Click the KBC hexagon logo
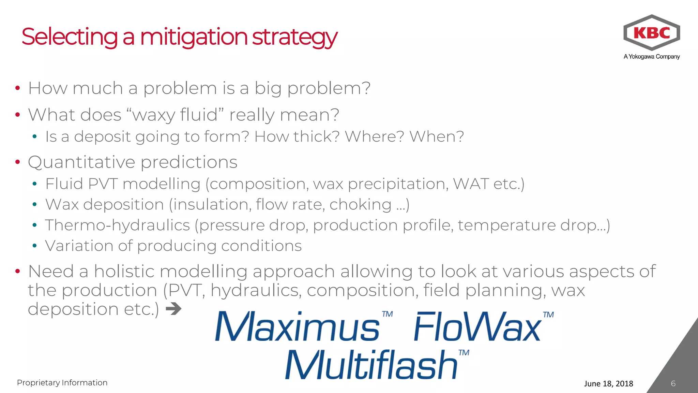tap(652, 33)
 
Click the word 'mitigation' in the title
tap(194, 37)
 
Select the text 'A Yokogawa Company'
tap(652, 57)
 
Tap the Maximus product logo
tap(297, 327)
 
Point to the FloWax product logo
tap(477, 327)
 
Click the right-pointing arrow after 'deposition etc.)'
tap(173, 309)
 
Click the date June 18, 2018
tap(608, 384)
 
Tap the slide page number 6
tap(673, 383)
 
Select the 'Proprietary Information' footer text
tap(62, 383)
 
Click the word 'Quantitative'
tap(81, 162)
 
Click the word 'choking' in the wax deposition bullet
tap(360, 205)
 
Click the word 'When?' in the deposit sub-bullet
tap(437, 137)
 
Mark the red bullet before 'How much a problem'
tap(18, 88)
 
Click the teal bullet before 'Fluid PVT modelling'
tap(34, 184)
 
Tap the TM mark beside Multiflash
tap(464, 352)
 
